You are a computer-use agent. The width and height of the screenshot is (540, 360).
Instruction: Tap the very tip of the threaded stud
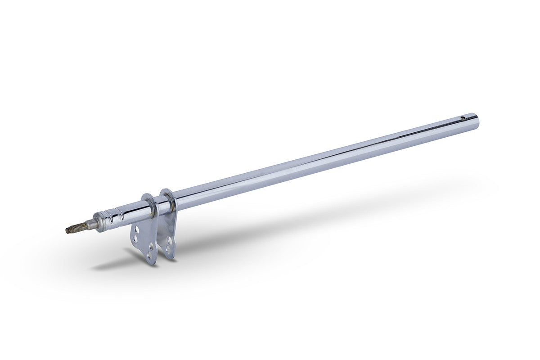[66, 231]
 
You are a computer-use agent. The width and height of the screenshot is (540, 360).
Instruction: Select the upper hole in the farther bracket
[170, 240]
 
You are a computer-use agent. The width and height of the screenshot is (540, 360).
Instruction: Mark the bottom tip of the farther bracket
[170, 258]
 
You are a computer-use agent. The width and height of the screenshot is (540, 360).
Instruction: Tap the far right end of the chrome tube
[477, 120]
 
